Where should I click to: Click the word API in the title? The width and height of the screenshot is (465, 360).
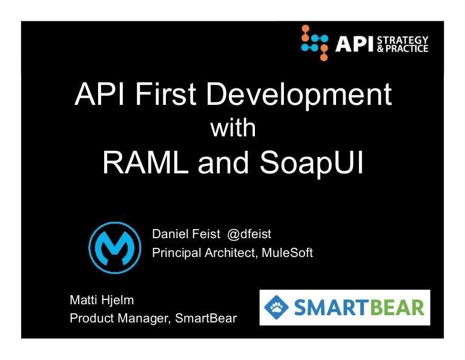98,95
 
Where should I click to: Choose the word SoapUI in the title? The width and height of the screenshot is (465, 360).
314,162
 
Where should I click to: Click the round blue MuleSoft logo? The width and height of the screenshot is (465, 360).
114,247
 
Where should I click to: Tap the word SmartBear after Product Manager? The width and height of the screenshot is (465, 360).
206,318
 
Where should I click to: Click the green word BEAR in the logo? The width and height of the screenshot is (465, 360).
396,307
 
